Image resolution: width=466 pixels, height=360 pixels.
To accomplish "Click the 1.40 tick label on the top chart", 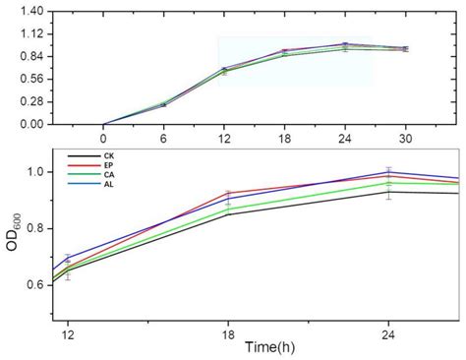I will (x=30, y=11).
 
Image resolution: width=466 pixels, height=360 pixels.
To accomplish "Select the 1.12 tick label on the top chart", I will (x=30, y=33).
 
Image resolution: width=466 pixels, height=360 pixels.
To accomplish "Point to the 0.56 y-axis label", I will (x=30, y=79).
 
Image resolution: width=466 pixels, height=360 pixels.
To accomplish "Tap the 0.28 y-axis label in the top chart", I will (x=30, y=101).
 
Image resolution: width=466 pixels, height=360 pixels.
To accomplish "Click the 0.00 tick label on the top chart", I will (x=30, y=124).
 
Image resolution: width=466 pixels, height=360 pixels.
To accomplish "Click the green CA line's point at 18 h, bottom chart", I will (x=228, y=209).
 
